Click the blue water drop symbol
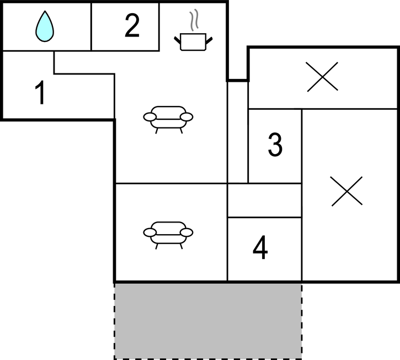pyautogui.click(x=45, y=27)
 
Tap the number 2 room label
pyautogui.click(x=132, y=25)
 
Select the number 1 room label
pyautogui.click(x=40, y=92)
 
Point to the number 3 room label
pyautogui.click(x=275, y=144)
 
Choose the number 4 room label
pyautogui.click(x=260, y=247)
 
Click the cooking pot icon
pyautogui.click(x=193, y=41)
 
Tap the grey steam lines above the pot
pyautogui.click(x=194, y=20)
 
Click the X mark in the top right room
pyautogui.click(x=322, y=77)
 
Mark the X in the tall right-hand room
pyautogui.click(x=346, y=191)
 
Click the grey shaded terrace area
pyautogui.click(x=208, y=321)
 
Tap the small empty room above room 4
pyautogui.click(x=264, y=200)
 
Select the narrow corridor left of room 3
pyautogui.click(x=237, y=133)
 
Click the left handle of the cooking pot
pyautogui.click(x=178, y=40)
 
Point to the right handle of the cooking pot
pyautogui.click(x=209, y=40)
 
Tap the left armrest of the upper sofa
pyautogui.click(x=150, y=117)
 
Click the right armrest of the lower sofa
pyautogui.click(x=186, y=232)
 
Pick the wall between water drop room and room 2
pyautogui.click(x=91, y=27)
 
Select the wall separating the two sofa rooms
pyautogui.click(x=171, y=183)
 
